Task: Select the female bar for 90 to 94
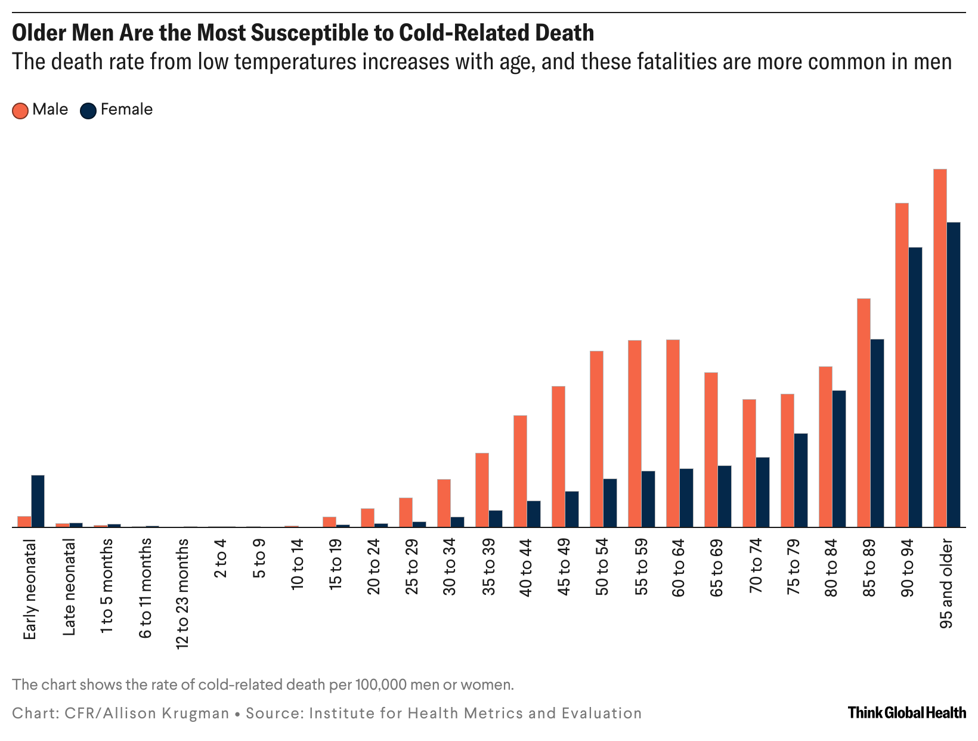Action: pyautogui.click(x=915, y=387)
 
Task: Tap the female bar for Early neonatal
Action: pyautogui.click(x=38, y=501)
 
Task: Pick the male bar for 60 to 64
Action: pyautogui.click(x=673, y=433)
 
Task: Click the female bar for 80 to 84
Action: pyautogui.click(x=839, y=459)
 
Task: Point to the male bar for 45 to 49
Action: pyautogui.click(x=558, y=456)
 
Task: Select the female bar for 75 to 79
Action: pyautogui.click(x=801, y=480)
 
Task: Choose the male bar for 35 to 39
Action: pyautogui.click(x=482, y=490)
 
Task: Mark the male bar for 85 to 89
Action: pyautogui.click(x=864, y=413)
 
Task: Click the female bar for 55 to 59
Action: pyautogui.click(x=648, y=499)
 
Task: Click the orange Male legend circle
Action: pyautogui.click(x=20, y=110)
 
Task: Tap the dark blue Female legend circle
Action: pyautogui.click(x=88, y=110)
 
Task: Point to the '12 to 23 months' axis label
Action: pyautogui.click(x=182, y=593)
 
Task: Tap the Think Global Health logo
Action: pyautogui.click(x=906, y=712)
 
